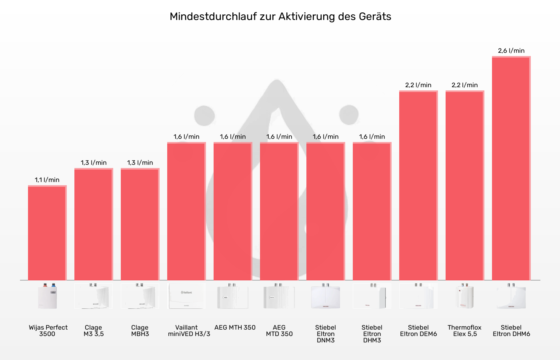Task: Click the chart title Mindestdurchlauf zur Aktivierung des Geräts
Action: (x=280, y=16)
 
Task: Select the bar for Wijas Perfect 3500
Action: (x=47, y=233)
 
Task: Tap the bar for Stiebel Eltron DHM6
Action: (x=511, y=168)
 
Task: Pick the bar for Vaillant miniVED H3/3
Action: (x=186, y=211)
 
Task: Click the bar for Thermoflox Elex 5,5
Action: (x=465, y=186)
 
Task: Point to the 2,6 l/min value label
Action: (x=511, y=51)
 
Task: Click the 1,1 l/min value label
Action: (x=47, y=180)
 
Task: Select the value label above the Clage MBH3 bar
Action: (x=140, y=163)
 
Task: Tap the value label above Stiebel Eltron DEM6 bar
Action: (x=418, y=85)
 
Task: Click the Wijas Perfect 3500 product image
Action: (x=47, y=296)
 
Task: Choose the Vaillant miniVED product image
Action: (x=186, y=296)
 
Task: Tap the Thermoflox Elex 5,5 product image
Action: (x=465, y=296)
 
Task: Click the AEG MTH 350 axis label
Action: (x=235, y=328)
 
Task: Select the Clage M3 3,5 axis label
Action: (x=94, y=331)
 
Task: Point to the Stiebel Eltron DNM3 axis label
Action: (x=326, y=334)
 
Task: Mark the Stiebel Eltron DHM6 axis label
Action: (x=511, y=331)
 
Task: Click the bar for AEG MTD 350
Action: (x=279, y=211)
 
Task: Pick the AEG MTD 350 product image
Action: (x=279, y=296)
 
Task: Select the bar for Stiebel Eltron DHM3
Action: (x=372, y=211)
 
